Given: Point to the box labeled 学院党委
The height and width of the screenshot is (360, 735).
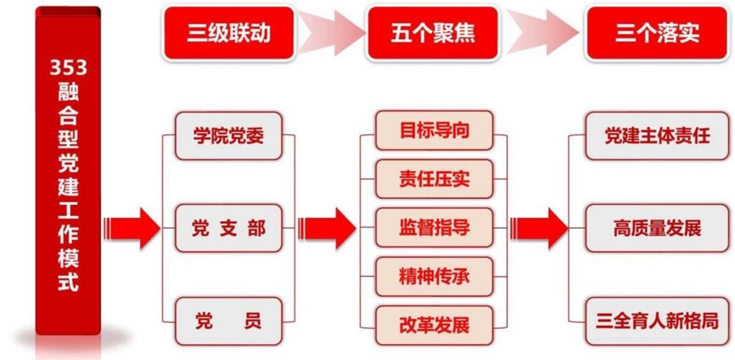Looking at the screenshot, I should click(x=228, y=136).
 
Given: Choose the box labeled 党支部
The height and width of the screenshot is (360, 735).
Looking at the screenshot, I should click(x=228, y=229).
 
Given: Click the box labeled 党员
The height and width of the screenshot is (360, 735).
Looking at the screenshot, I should click(x=228, y=321).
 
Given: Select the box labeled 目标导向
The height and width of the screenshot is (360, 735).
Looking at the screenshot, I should click(x=434, y=130).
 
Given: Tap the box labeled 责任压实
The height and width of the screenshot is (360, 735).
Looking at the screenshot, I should click(x=434, y=179).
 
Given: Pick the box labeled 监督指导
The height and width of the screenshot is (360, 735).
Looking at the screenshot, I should click(x=434, y=228).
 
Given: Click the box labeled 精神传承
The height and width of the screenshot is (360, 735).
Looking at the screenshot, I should click(x=434, y=277).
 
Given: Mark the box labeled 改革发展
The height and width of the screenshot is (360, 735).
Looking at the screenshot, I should click(x=434, y=325).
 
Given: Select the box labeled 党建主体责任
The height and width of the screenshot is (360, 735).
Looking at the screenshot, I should click(x=656, y=136).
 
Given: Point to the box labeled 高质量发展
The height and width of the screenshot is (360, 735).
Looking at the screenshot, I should click(x=656, y=229).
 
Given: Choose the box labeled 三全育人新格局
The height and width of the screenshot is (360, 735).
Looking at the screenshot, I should click(x=656, y=321).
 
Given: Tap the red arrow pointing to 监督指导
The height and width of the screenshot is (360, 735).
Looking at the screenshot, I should click(x=331, y=228).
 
